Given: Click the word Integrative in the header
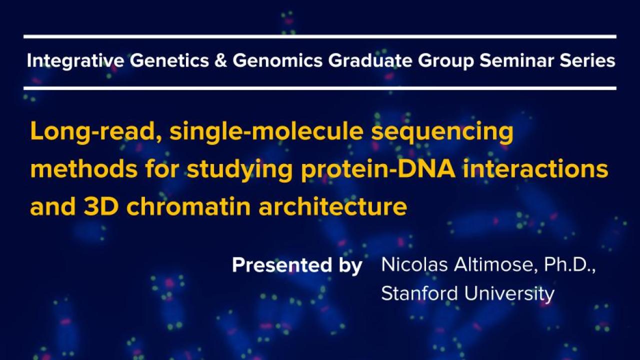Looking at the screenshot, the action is tap(75, 61).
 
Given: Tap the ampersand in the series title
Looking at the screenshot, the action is tap(220, 60).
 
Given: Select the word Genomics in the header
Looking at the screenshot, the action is tap(277, 60).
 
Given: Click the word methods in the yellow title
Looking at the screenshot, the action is tap(84, 168).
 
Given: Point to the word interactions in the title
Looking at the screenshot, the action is tap(535, 168).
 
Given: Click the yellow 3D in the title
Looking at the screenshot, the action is tap(101, 206).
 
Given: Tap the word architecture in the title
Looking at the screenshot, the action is tap(332, 206).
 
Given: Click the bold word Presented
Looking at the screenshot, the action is tap(282, 265).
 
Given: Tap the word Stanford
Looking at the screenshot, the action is tap(419, 293).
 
